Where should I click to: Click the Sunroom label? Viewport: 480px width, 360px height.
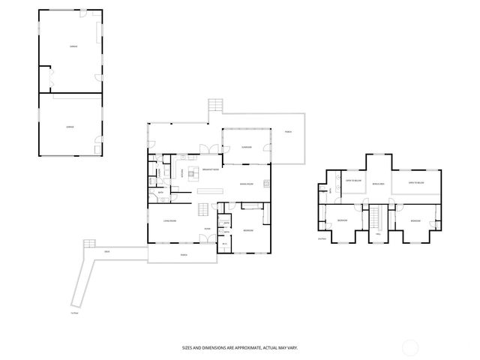tap(246, 148)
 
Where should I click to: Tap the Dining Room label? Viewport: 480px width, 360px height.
tap(246, 184)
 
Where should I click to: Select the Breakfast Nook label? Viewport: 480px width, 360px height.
tap(211, 170)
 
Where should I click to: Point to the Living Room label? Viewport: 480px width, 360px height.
tap(169, 220)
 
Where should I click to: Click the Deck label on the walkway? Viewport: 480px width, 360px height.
tap(107, 252)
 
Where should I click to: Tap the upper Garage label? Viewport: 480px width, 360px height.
tap(74, 46)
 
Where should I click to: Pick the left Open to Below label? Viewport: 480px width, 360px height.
tap(353, 181)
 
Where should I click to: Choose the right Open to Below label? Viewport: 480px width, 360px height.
tap(416, 183)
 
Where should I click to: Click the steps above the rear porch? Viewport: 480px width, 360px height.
tap(215, 105)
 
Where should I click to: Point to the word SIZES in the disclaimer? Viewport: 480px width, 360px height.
tap(187, 347)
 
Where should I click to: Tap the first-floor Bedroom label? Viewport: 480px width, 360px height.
tap(247, 230)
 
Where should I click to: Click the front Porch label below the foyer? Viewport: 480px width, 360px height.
tap(183, 255)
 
